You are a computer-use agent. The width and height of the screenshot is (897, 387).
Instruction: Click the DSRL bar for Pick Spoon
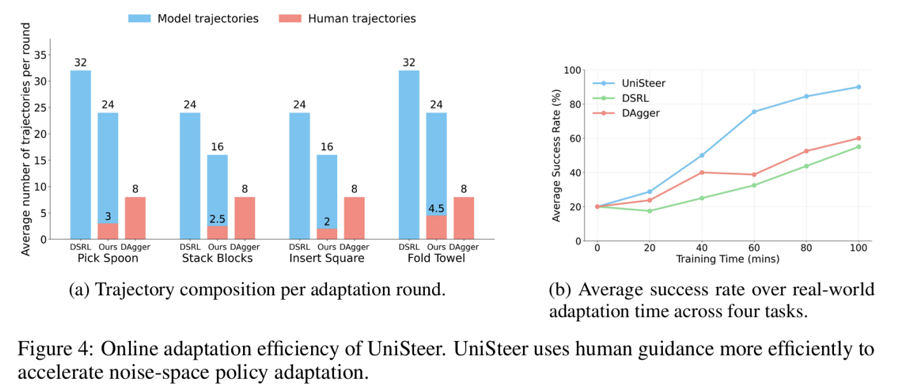81,155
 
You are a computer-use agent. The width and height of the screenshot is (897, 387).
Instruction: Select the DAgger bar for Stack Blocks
245,218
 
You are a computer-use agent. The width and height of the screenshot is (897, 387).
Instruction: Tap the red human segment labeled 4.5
436,227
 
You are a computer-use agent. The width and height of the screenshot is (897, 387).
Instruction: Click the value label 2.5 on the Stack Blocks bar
218,219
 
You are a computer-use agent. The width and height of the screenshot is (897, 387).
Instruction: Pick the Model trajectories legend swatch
139,18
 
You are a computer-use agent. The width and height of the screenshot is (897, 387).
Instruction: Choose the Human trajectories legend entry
347,18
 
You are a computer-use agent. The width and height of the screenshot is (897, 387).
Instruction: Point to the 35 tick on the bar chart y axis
41,55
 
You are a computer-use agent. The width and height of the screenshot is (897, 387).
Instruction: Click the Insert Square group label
327,258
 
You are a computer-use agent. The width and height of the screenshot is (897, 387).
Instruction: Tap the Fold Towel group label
436,258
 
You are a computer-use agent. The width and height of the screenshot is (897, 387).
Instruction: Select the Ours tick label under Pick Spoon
108,247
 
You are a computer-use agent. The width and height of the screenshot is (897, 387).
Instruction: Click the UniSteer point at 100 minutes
859,87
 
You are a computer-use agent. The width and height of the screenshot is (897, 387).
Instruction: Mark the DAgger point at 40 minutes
702,172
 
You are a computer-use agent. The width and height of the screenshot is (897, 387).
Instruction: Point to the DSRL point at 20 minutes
650,211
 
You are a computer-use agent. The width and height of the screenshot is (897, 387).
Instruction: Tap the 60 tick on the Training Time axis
754,248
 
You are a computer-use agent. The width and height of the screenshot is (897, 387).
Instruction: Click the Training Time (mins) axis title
728,259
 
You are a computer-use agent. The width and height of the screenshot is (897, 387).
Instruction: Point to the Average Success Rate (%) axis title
556,155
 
